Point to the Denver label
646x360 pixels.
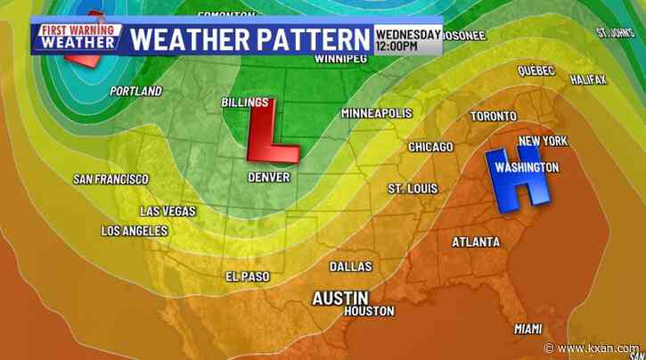[268, 177]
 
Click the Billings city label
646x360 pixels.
[244, 103]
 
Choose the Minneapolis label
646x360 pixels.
[376, 114]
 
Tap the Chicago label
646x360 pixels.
[430, 146]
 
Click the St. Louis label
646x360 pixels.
[411, 188]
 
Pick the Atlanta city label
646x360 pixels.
[476, 242]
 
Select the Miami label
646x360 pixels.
[528, 329]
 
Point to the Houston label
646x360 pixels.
[369, 311]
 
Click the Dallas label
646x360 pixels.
[350, 266]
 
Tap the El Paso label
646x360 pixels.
[245, 275]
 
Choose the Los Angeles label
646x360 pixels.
[135, 231]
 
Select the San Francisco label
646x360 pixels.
[110, 179]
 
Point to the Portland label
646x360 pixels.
[135, 91]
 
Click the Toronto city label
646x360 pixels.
[494, 117]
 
